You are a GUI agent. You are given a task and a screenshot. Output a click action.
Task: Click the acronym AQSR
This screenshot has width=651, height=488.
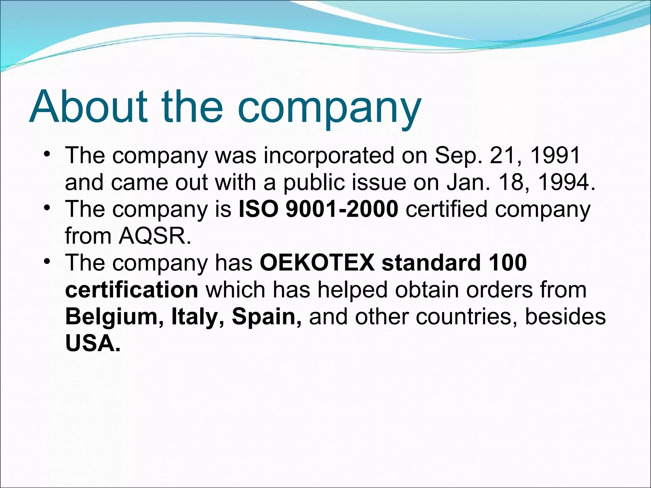tap(155, 236)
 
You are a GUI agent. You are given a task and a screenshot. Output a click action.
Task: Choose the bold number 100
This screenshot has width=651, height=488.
tap(508, 263)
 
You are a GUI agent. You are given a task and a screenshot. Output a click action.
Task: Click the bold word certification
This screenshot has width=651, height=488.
tap(132, 290)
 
